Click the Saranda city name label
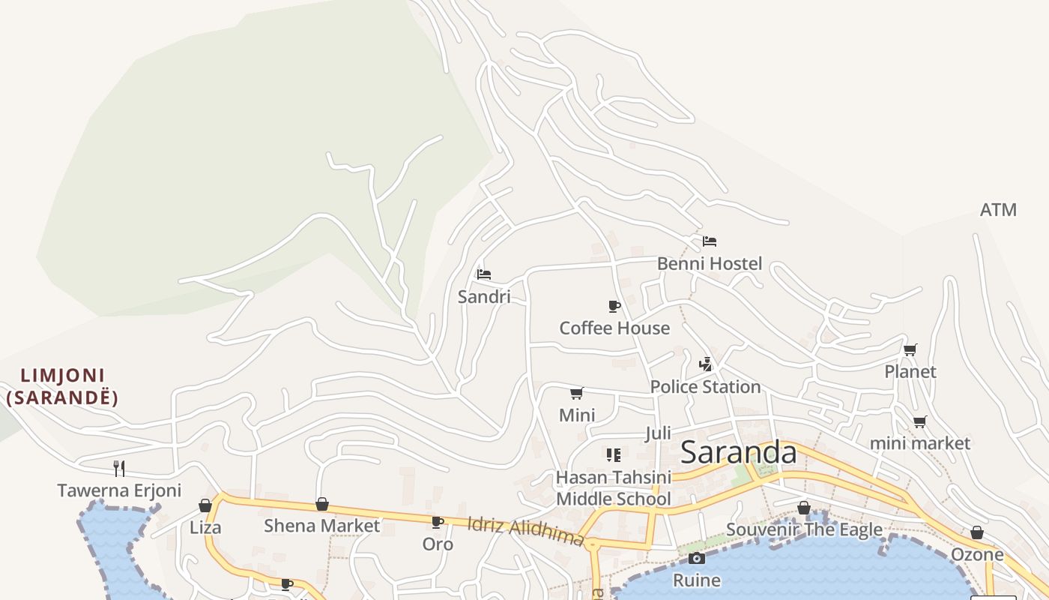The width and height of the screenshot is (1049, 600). pos(738,452)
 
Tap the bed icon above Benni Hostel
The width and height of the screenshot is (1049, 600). pos(710,241)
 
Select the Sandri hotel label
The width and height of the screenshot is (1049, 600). pos(484,296)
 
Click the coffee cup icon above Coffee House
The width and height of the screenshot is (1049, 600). pos(614,306)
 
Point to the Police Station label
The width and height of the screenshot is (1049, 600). pos(705,386)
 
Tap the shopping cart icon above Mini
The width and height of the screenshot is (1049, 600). pos(577,393)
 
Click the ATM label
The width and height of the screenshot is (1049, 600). pos(998,210)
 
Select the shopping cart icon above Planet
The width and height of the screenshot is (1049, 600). pos(910,349)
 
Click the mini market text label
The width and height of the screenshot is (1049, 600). pos(919,442)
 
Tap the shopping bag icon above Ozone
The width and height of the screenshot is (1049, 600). pos(977,532)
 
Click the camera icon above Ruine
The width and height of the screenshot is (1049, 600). pos(697,558)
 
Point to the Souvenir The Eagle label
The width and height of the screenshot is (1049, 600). pos(804,530)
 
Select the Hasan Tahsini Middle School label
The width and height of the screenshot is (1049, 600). pos(613,487)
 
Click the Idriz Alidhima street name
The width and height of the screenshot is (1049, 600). pos(525,530)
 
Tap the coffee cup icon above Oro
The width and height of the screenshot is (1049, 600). pos(438,522)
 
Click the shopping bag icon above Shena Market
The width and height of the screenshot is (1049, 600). pos(322,504)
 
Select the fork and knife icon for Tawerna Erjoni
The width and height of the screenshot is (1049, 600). pos(119,469)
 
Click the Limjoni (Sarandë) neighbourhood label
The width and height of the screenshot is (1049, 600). pos(62,386)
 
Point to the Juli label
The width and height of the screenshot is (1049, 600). pos(658,433)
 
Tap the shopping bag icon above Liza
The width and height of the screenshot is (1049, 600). pos(205,505)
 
